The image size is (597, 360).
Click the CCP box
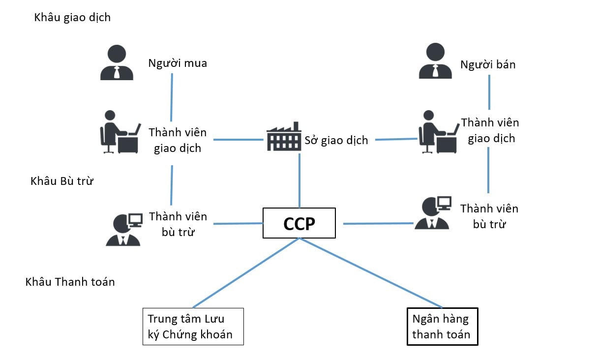(x=299, y=223)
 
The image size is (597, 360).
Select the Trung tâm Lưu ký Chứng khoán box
(x=193, y=327)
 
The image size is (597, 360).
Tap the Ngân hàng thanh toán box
(x=442, y=327)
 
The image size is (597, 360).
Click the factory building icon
(x=283, y=137)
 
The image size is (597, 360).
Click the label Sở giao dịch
(x=336, y=140)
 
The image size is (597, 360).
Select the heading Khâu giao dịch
(x=72, y=18)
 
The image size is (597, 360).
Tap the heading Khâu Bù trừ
(x=62, y=181)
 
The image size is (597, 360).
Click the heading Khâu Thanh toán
(x=70, y=282)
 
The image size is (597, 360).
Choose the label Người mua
(x=178, y=63)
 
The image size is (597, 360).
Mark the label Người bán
(x=488, y=64)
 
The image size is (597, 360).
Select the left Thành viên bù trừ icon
(x=123, y=229)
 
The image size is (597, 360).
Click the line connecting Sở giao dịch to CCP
(x=299, y=180)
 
